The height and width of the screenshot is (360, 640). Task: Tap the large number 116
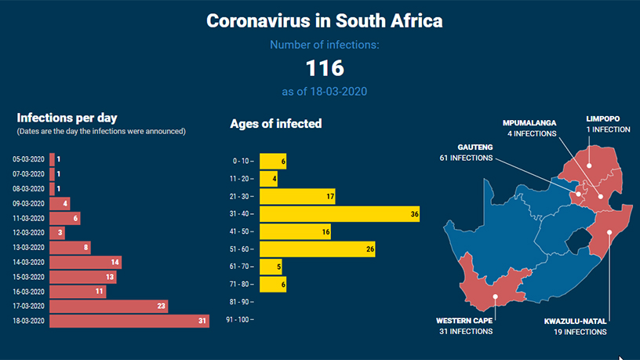(324, 67)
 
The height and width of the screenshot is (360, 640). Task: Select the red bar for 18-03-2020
(129, 321)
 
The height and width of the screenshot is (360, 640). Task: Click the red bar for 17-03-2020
(108, 306)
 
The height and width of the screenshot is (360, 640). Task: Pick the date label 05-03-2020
(28, 159)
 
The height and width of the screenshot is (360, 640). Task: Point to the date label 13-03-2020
(28, 247)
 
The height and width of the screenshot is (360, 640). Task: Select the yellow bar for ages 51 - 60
(318, 249)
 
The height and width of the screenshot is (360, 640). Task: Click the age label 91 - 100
(238, 320)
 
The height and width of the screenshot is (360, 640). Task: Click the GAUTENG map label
(475, 147)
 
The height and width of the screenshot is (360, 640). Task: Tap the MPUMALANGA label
(529, 123)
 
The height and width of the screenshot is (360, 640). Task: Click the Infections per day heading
(67, 118)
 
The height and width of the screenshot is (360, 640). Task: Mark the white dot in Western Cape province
(495, 296)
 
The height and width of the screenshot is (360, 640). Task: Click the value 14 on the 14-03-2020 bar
(115, 262)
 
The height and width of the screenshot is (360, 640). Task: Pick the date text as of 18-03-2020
(324, 92)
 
